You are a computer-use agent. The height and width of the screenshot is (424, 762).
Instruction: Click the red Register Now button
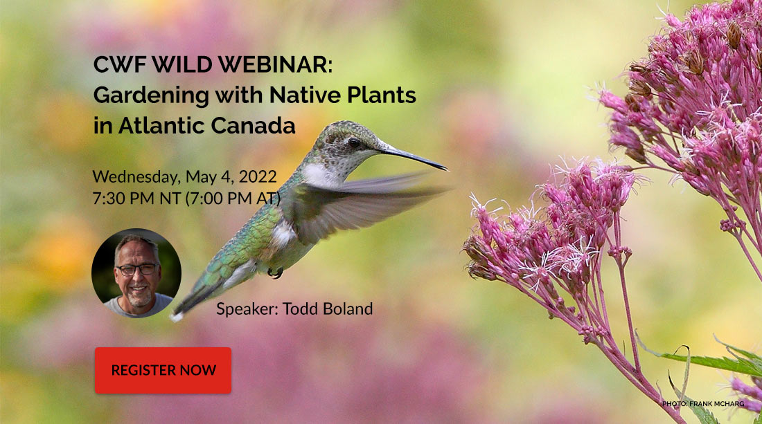click(x=163, y=370)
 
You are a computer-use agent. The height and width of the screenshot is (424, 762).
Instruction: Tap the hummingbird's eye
click(x=354, y=143)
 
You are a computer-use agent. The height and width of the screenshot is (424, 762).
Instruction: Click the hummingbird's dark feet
click(x=275, y=273)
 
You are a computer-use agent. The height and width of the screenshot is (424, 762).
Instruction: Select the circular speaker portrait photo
click(x=136, y=273)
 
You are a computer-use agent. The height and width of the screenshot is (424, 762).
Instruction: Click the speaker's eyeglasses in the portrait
click(x=137, y=270)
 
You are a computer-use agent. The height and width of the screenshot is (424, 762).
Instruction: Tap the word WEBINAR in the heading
click(x=275, y=64)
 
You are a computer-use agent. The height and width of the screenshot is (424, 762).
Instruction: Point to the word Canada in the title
click(x=253, y=126)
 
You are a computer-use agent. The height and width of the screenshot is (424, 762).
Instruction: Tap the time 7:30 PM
click(x=124, y=199)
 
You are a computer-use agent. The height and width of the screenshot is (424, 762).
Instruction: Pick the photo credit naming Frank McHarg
click(x=702, y=404)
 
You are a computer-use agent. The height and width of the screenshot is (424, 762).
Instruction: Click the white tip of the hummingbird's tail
click(x=175, y=316)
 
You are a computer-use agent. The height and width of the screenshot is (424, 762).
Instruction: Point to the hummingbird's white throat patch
click(x=319, y=174)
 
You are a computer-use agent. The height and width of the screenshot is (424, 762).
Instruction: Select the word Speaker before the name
click(x=247, y=309)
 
